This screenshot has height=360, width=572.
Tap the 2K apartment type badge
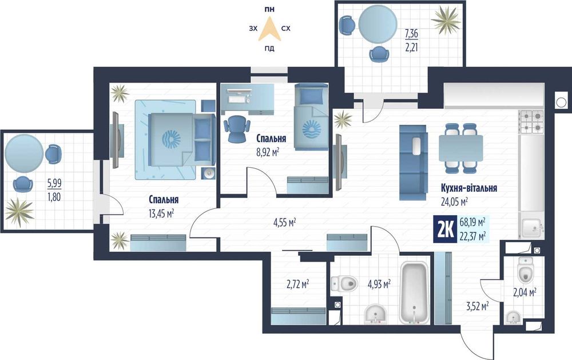tap(444, 230)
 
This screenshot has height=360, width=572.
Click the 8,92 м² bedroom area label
tap(268, 152)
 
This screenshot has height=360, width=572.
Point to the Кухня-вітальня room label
tap(469, 188)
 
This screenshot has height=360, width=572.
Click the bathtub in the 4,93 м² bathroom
tap(414, 292)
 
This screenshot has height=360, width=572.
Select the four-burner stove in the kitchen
tap(531, 121)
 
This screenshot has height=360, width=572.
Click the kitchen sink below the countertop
tap(532, 228)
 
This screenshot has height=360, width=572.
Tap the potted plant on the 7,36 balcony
tap(446, 18)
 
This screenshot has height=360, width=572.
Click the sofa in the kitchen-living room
tap(414, 163)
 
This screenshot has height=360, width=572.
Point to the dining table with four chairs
tap(460, 148)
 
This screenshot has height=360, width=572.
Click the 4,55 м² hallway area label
tap(284, 221)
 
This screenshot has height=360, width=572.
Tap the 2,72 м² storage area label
tap(298, 284)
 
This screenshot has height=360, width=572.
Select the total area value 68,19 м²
tap(472, 222)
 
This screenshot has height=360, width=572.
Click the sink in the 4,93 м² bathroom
tap(376, 315)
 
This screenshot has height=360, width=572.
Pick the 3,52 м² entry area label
tap(478, 306)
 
